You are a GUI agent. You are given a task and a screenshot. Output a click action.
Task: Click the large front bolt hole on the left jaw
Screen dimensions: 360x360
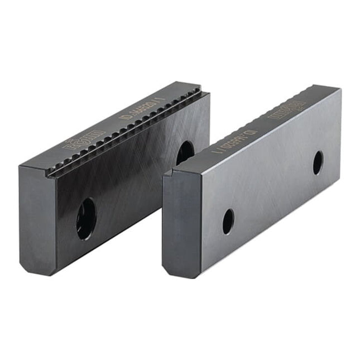pos(86,219)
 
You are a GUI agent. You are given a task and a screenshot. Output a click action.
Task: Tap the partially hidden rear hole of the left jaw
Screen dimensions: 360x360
pos(185,152)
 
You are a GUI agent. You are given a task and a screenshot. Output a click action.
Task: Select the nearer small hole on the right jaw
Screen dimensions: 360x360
pos(228,221)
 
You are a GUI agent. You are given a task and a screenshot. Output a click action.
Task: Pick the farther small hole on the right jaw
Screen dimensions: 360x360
pos(318,162)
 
